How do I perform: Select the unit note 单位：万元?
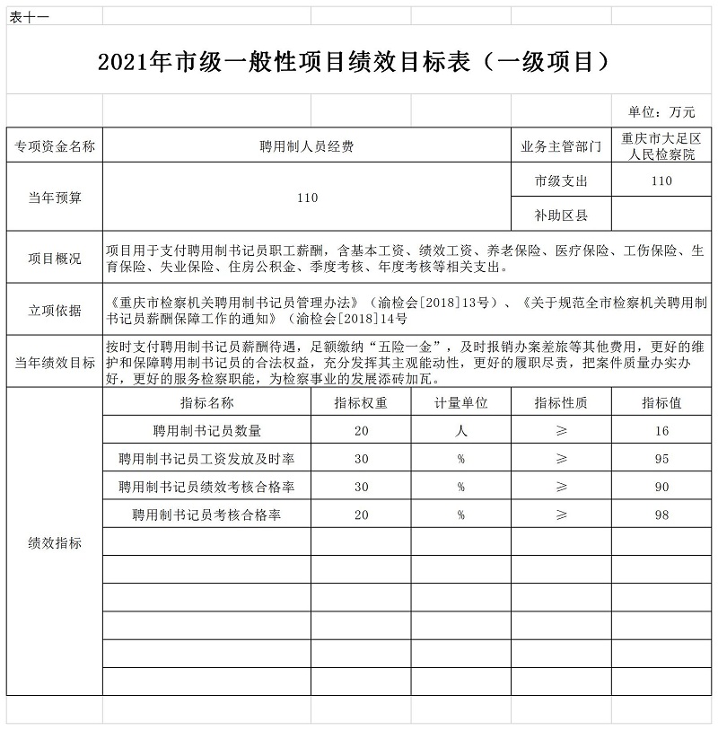[662, 112]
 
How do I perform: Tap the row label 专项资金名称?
[55, 145]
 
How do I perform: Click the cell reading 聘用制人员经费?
[307, 145]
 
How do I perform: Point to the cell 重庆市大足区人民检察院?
[662, 145]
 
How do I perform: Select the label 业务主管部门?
[561, 145]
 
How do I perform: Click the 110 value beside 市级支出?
[662, 180]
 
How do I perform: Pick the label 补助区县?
[561, 215]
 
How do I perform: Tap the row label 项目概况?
[55, 259]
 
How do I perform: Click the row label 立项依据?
[55, 310]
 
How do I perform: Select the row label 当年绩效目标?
[55, 362]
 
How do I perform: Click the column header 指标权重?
[361, 403]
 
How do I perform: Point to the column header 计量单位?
[460, 403]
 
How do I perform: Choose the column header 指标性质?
[561, 403]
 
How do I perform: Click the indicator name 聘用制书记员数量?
[207, 431]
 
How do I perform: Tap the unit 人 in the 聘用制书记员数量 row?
[460, 431]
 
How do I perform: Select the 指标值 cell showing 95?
[662, 459]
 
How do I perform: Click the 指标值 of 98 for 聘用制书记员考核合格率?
[662, 515]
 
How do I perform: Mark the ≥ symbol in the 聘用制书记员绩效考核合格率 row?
[561, 487]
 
